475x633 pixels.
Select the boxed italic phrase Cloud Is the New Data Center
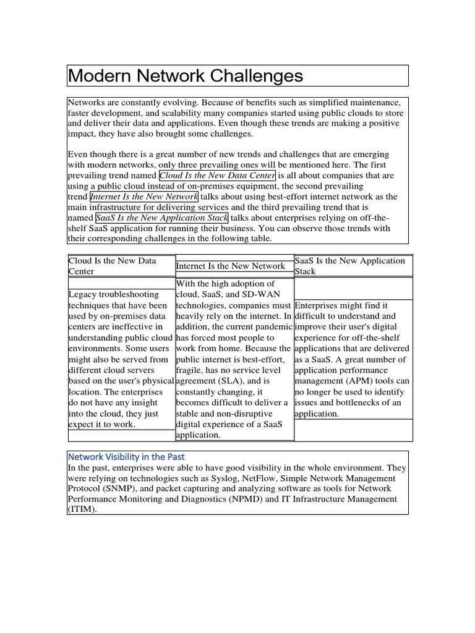(217, 176)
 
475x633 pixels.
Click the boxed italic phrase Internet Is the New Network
(144, 197)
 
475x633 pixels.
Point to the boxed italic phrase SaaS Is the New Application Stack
(162, 218)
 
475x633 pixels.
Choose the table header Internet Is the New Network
(231, 266)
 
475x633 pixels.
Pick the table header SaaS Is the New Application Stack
(350, 266)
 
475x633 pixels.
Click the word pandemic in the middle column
(271, 327)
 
